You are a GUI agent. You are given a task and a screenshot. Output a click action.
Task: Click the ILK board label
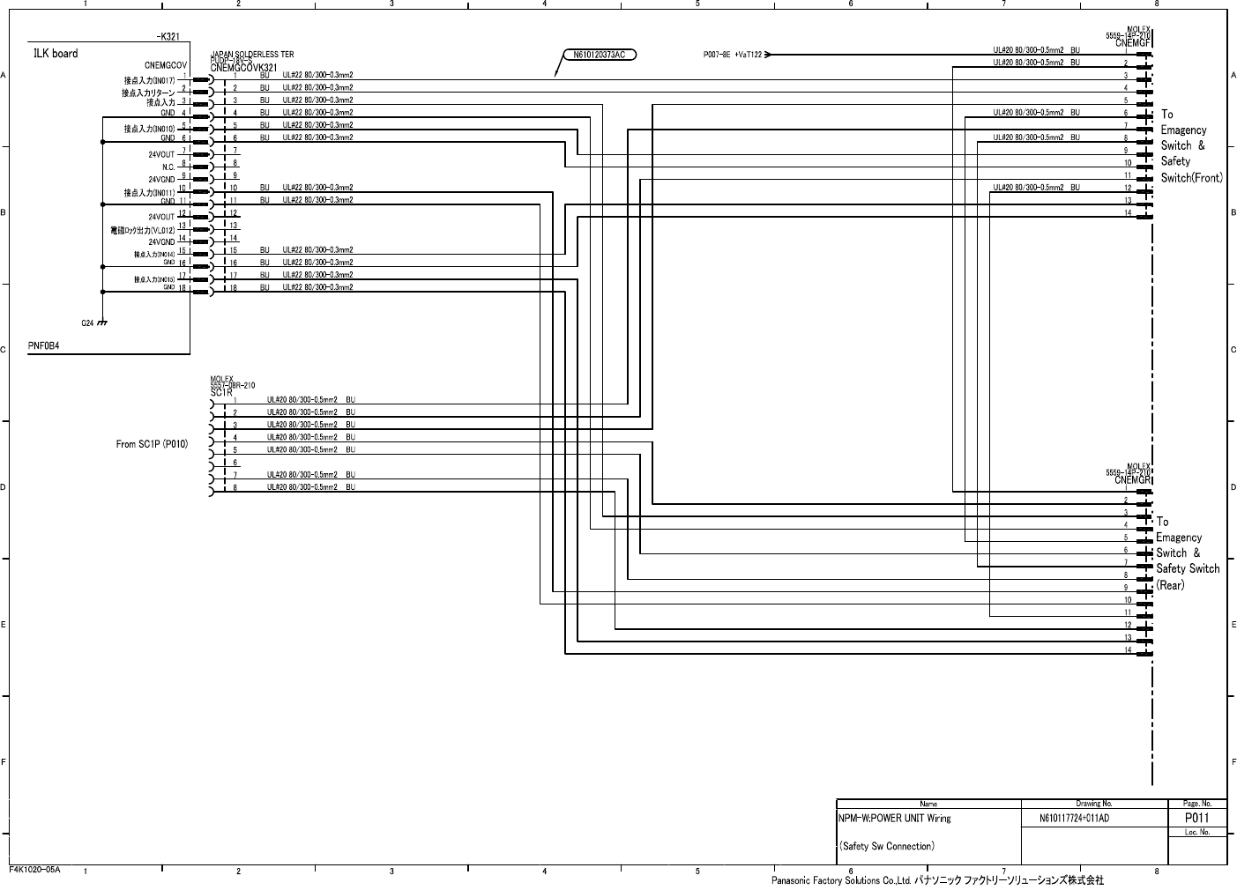56,54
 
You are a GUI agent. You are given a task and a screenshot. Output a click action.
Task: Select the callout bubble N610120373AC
599,55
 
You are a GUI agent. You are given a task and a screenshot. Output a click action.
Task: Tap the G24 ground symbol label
87,323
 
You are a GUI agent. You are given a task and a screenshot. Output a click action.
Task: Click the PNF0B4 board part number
44,347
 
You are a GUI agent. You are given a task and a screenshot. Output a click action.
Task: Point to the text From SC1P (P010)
152,444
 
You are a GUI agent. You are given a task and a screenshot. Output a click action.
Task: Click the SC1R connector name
221,392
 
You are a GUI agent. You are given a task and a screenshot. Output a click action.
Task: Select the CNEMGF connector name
1132,42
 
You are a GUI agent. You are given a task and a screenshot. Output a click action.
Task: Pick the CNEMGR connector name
1132,480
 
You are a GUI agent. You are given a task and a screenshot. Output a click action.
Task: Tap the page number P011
1196,818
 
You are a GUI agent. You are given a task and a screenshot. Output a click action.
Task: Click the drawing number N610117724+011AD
1074,818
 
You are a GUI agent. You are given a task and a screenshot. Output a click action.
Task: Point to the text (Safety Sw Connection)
886,846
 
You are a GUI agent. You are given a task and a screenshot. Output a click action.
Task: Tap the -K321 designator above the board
168,37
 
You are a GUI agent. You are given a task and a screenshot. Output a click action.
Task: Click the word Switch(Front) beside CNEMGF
1191,178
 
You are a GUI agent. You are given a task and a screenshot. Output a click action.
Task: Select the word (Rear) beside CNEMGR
1170,585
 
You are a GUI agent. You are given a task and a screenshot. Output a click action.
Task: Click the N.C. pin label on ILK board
168,167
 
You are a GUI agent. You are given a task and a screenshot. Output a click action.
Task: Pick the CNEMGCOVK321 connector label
244,68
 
